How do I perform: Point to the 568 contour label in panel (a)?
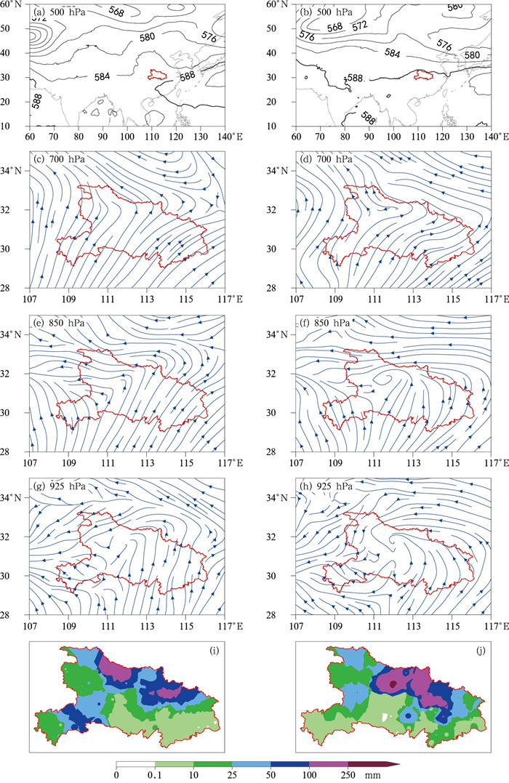coord(116,12)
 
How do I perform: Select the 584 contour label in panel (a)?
coord(102,76)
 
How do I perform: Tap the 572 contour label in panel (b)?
coord(359,26)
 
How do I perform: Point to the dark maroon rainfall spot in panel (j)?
coord(393,684)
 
